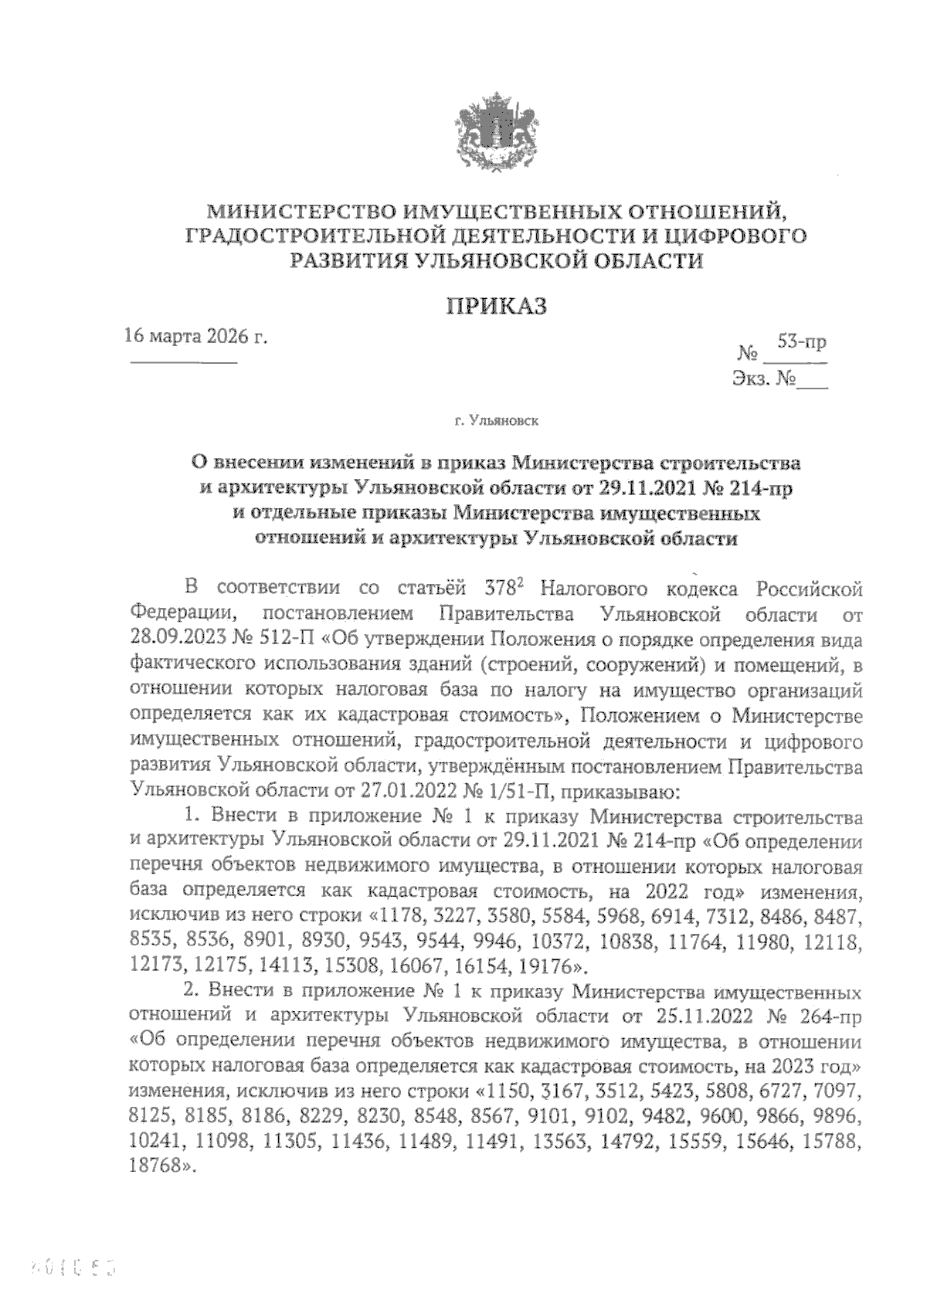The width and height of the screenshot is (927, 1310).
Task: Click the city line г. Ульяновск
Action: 497,422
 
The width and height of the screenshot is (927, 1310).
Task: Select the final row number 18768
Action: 157,1168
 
